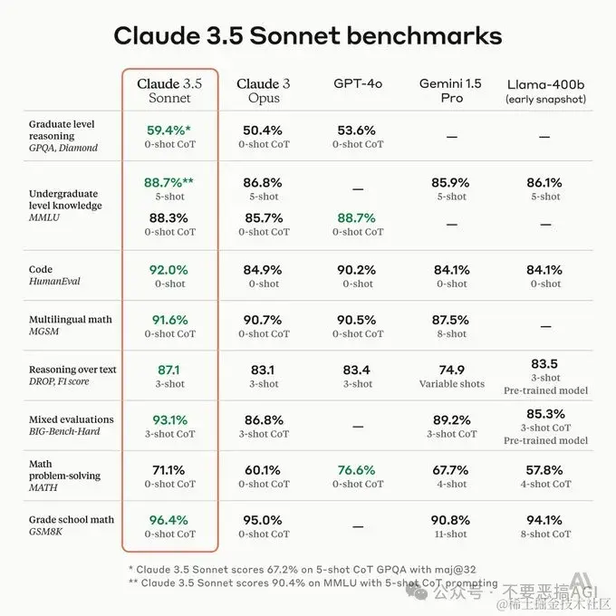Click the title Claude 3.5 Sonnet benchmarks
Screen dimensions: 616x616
tap(308, 36)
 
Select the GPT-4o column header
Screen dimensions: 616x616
tap(358, 83)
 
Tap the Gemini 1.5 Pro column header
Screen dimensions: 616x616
tap(451, 91)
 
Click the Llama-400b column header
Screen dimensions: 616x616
tap(544, 83)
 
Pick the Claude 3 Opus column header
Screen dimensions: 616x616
tap(264, 91)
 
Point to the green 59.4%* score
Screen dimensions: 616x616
tap(170, 130)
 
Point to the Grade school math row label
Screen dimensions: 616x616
tap(72, 519)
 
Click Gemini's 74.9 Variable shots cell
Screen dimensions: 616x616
tap(451, 376)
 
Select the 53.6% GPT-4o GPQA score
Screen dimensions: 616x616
tap(358, 130)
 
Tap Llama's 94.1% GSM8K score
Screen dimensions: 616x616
tap(544, 520)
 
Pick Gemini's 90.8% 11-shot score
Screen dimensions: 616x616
tap(451, 520)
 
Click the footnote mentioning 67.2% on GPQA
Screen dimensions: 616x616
tap(308, 568)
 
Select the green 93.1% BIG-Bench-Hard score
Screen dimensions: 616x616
tap(170, 419)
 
